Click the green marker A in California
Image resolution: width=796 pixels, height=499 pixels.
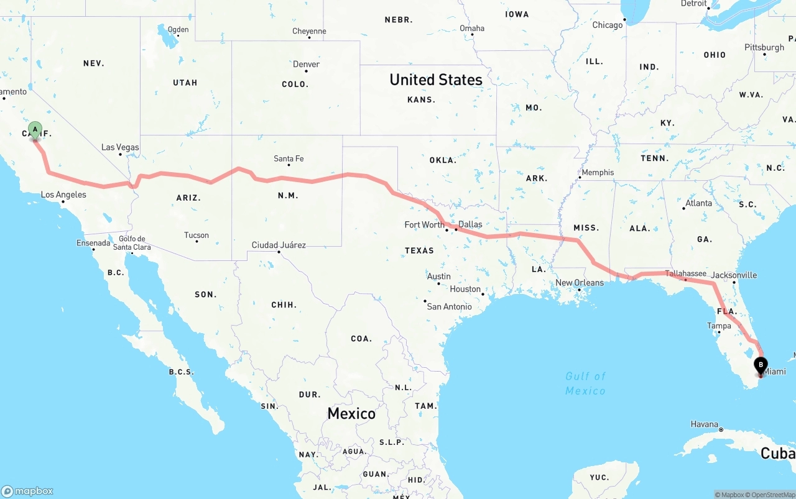(35, 130)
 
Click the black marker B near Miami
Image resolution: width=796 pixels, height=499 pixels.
(760, 365)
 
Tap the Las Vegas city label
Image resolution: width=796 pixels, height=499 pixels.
(120, 147)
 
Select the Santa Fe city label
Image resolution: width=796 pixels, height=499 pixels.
(289, 159)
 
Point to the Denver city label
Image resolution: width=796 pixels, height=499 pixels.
(306, 64)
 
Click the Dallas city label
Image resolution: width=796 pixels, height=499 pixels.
(470, 224)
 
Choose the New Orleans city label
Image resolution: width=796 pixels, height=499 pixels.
(579, 283)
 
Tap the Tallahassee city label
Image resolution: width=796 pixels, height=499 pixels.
(685, 273)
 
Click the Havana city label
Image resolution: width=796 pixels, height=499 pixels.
(704, 424)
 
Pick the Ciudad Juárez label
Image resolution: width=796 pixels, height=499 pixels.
(279, 245)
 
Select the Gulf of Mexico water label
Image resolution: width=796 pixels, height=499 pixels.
(585, 383)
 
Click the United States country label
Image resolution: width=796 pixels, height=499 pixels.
(435, 80)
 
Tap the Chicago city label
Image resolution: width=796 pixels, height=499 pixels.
(607, 25)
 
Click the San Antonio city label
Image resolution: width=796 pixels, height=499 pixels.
(449, 306)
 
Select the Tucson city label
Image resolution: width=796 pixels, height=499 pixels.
(197, 235)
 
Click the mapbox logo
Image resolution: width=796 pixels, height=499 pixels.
(27, 491)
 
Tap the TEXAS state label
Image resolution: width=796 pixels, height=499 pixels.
(419, 250)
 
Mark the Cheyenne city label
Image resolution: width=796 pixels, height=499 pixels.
(309, 31)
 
